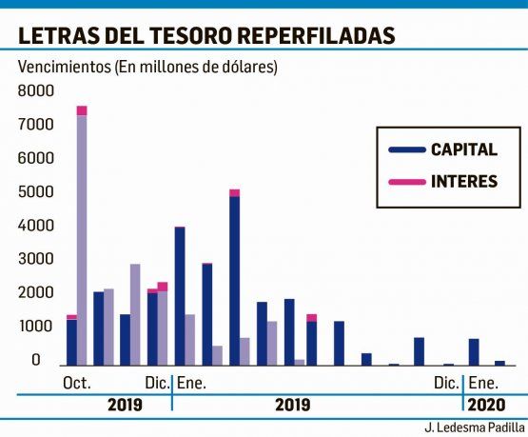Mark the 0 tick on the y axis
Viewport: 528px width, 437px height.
(36, 360)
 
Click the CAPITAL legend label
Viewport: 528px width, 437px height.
(463, 149)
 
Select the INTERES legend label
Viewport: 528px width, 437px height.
(463, 181)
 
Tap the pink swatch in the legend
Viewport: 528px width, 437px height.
(405, 181)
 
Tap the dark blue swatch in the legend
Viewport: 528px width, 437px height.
(405, 149)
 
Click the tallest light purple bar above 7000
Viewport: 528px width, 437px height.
(82, 238)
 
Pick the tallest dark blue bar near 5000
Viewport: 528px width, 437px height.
(234, 280)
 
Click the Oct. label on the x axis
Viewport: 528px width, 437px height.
(76, 384)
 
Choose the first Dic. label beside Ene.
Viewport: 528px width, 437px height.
(157, 384)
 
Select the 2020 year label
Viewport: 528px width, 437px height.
(488, 405)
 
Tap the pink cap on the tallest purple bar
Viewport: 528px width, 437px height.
(82, 110)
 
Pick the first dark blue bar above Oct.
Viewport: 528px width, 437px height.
(71, 342)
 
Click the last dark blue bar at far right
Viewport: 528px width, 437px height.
(499, 362)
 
